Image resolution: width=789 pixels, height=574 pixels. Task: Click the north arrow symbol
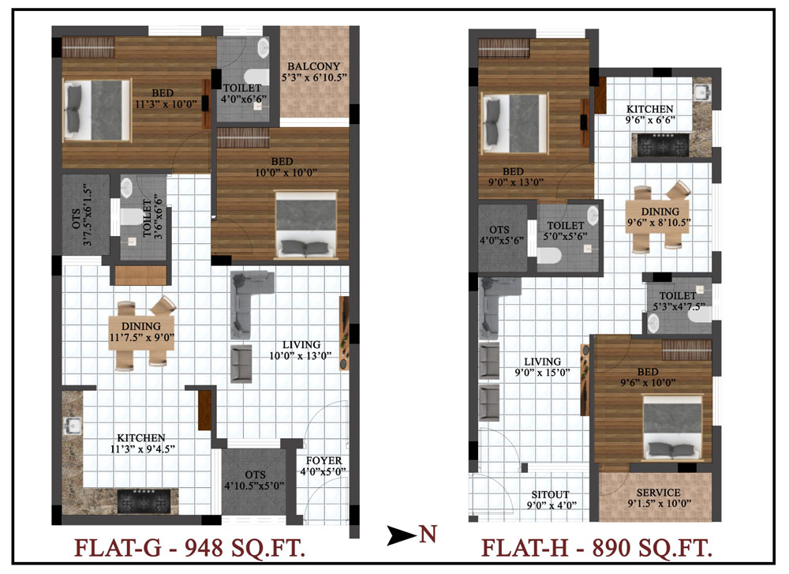tap(402, 535)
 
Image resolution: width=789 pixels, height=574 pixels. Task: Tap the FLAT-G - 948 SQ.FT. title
tap(190, 548)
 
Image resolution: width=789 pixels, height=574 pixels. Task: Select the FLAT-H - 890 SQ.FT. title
tap(596, 548)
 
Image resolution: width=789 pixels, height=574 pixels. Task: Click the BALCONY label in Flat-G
tap(313, 66)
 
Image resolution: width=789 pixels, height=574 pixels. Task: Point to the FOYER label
tap(323, 460)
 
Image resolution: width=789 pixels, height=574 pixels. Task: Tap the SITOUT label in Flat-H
tap(551, 494)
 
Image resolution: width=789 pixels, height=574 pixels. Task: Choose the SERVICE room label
tap(658, 493)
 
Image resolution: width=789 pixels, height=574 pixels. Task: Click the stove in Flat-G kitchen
tap(143, 501)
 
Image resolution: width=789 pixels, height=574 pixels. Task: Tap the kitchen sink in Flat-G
tap(72, 426)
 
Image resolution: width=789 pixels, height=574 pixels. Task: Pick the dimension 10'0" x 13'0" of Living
tap(301, 356)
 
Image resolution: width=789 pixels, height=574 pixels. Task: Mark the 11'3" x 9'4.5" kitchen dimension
tap(143, 448)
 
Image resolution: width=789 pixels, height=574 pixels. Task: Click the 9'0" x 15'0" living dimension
tap(542, 373)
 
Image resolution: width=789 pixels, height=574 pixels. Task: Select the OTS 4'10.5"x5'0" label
tap(254, 480)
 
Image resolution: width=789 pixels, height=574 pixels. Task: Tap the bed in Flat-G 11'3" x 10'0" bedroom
tap(97, 110)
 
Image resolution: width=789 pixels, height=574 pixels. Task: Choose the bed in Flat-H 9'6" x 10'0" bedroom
tap(672, 427)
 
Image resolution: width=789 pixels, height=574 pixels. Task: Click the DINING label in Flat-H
tap(660, 212)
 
